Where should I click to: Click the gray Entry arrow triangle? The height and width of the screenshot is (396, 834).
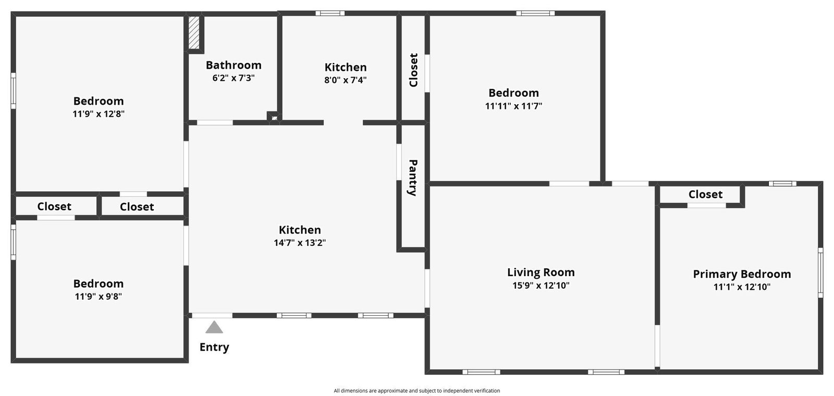214,328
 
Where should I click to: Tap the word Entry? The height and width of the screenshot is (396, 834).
214,347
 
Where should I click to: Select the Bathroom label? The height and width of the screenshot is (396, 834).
234,65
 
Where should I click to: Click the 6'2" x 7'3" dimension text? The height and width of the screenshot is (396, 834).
234,78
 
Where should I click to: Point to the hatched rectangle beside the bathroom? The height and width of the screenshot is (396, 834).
194,32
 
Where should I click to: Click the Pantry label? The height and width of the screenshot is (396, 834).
413,178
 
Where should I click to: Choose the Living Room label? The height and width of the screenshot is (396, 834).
541,273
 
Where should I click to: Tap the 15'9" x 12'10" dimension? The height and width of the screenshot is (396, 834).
541,286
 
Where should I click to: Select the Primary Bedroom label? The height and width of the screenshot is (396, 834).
742,274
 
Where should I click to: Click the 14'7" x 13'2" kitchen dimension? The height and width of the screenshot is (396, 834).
300,243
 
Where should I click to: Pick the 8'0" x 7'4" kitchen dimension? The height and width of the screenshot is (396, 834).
346,80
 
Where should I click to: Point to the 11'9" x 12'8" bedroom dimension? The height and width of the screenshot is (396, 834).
99,114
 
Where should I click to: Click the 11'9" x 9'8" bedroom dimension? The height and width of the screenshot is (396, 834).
99,296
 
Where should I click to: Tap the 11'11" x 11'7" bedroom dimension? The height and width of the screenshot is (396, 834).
513,106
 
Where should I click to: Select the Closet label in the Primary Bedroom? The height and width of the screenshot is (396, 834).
705,194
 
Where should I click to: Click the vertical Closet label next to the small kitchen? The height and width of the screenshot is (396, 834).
413,70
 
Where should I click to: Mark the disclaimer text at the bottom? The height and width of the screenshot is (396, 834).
416,391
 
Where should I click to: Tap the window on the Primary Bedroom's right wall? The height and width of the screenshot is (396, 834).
820,273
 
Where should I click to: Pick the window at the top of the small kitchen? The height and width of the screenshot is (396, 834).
330,14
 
